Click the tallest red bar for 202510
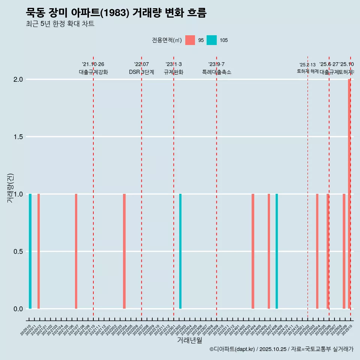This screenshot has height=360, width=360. [349, 193]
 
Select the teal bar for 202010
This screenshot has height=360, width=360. [30, 251]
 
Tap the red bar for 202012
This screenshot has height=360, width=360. [39, 251]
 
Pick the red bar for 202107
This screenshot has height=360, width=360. [76, 251]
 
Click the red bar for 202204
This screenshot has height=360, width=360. [124, 251]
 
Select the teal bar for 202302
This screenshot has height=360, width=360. [180, 251]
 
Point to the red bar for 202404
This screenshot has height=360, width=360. [253, 251]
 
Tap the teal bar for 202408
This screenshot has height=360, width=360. [277, 251]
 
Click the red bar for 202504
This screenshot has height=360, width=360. [317, 251]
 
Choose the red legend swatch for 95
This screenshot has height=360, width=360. [190, 40]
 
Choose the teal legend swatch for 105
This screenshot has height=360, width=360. [212, 40]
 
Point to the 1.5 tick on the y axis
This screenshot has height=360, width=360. [18, 137]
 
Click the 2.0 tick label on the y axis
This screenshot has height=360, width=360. [18, 79]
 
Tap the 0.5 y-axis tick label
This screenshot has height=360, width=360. [18, 252]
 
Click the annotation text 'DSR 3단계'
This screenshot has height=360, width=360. [141, 72]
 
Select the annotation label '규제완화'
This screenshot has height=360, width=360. [174, 72]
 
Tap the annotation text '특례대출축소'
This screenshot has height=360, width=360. [217, 72]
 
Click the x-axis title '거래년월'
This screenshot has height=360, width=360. [190, 340]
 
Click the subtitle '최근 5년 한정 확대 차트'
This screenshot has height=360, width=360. [60, 24]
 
